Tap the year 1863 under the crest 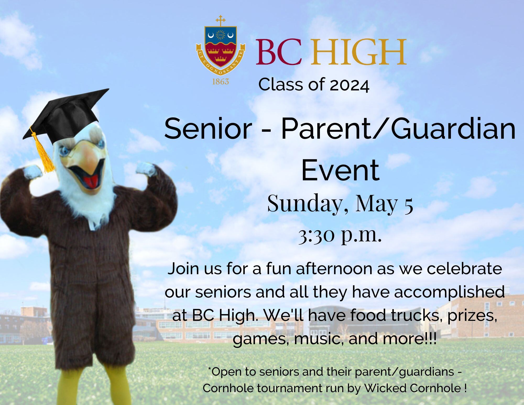click(220, 82)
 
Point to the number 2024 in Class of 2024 click(350, 85)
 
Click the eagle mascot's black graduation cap click(65, 115)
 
